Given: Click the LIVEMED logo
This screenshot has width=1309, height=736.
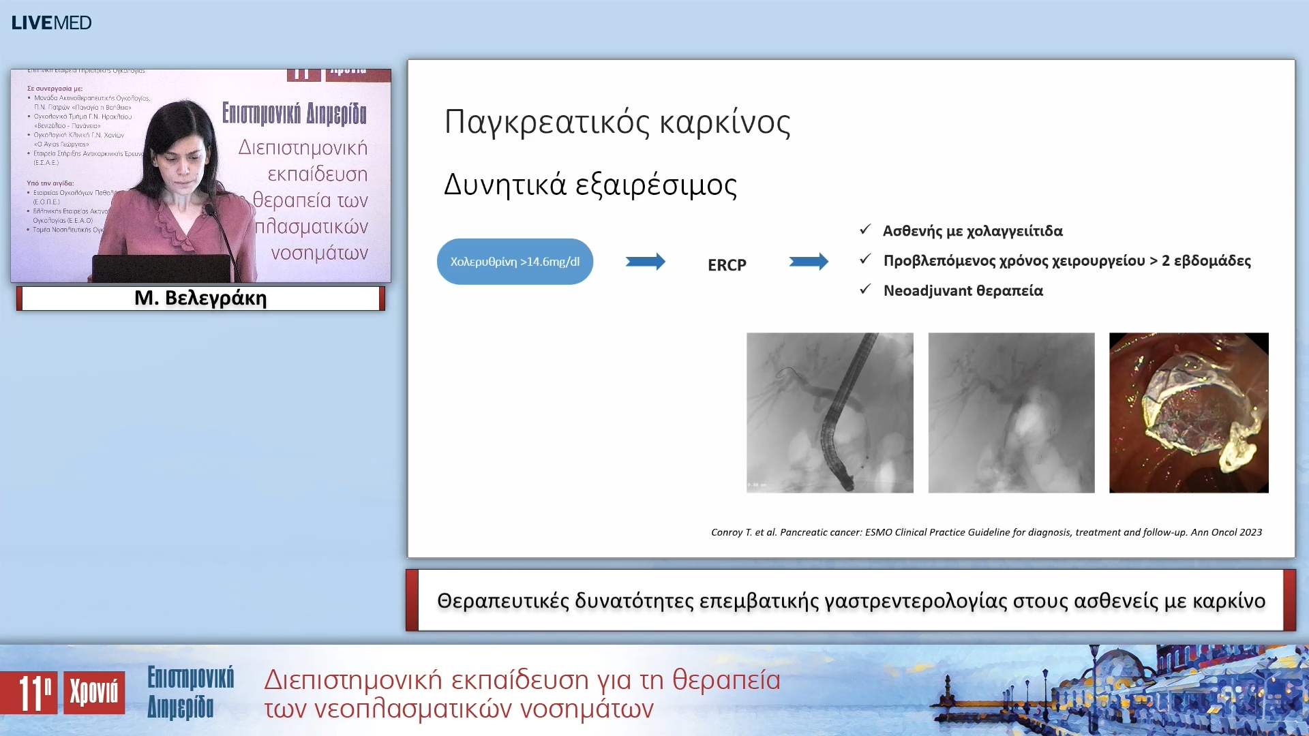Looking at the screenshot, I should (x=51, y=22).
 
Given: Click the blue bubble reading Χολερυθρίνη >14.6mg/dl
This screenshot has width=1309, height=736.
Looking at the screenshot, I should (x=515, y=262).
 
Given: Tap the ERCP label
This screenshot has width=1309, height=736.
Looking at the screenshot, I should (x=727, y=264).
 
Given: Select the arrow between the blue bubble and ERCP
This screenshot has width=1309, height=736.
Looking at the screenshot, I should (x=645, y=262).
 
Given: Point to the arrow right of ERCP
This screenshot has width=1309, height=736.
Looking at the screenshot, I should (x=809, y=262).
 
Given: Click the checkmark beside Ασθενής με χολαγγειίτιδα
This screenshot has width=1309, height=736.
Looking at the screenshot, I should (x=865, y=230).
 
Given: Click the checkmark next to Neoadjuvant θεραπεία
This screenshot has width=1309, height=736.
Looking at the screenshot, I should (x=865, y=290).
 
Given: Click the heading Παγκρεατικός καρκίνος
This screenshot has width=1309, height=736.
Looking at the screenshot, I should (x=617, y=123).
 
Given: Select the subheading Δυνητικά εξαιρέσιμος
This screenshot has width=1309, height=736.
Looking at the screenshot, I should (x=590, y=185).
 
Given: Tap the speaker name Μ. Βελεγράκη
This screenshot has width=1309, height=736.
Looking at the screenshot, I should (x=200, y=298).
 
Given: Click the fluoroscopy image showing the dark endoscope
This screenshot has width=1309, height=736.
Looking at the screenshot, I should (x=830, y=412).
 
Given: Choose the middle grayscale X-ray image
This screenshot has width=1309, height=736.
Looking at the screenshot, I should (x=1011, y=412).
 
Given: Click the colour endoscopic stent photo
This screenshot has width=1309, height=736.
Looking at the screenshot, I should (x=1188, y=412).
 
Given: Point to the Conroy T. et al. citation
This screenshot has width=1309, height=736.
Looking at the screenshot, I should (x=986, y=532).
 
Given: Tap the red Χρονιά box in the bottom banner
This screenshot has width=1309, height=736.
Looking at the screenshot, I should (x=94, y=692).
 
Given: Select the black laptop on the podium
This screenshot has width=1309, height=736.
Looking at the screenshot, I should (x=161, y=269).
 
